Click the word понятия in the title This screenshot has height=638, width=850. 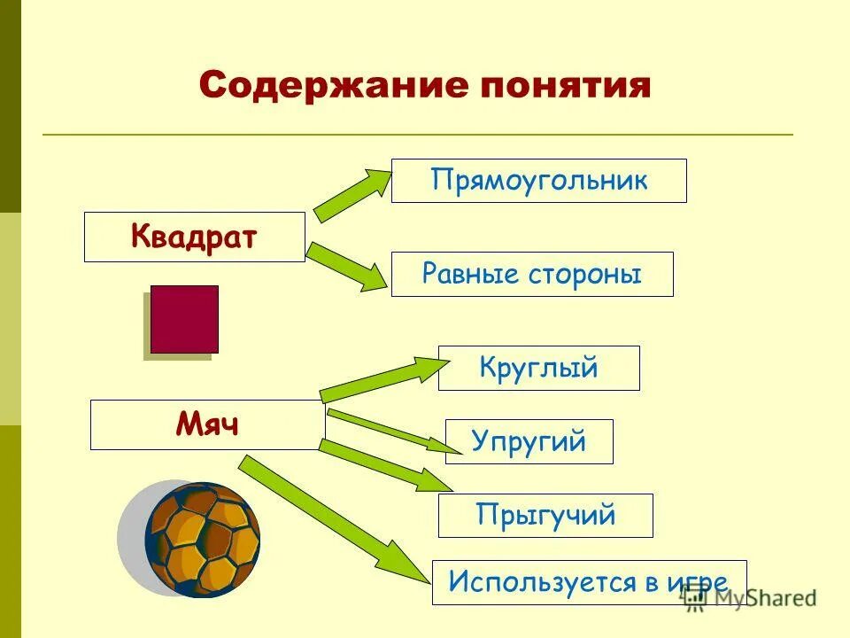pos(565,86)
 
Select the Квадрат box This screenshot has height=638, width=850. pos(194,237)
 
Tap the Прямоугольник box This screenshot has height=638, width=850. pos(538,181)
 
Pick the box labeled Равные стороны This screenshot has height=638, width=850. pos(531,274)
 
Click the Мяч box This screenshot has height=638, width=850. pos(207,424)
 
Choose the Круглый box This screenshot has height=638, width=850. pos(538,368)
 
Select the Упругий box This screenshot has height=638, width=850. pos(529,441)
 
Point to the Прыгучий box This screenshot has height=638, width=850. pos(545,515)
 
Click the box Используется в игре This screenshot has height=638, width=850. pos(588,582)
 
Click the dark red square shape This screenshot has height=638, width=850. pos(184,319)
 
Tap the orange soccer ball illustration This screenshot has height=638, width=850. pos(202,538)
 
